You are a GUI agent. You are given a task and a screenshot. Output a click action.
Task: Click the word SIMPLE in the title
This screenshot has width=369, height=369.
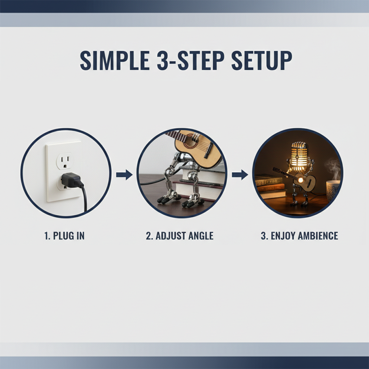point(115,60)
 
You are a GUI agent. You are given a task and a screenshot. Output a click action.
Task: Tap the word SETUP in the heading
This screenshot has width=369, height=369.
point(262,60)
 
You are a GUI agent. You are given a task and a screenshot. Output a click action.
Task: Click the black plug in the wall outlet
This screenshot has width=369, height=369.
point(72,180)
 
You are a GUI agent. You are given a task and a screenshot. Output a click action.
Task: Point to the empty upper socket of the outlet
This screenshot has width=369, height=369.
point(65,161)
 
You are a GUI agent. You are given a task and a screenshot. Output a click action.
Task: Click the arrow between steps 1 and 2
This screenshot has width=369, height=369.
point(124,175)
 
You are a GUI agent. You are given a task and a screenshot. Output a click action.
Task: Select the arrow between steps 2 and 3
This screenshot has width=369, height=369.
point(240,175)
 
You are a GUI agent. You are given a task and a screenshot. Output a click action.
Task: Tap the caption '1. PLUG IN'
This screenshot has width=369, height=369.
point(65,236)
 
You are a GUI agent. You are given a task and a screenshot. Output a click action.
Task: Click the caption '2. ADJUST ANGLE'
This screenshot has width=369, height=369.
point(180,236)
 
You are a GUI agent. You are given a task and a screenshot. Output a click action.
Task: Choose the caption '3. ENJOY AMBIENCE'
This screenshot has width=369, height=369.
point(299,236)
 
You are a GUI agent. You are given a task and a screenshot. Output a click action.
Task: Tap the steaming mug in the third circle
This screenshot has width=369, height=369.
point(332,190)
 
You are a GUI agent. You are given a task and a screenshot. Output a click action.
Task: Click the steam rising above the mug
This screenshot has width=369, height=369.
point(332,169)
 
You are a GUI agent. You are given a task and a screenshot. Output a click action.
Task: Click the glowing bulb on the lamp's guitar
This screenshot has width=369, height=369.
point(301,180)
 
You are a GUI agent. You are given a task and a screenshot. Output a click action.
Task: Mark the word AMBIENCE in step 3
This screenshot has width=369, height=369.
point(318,236)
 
